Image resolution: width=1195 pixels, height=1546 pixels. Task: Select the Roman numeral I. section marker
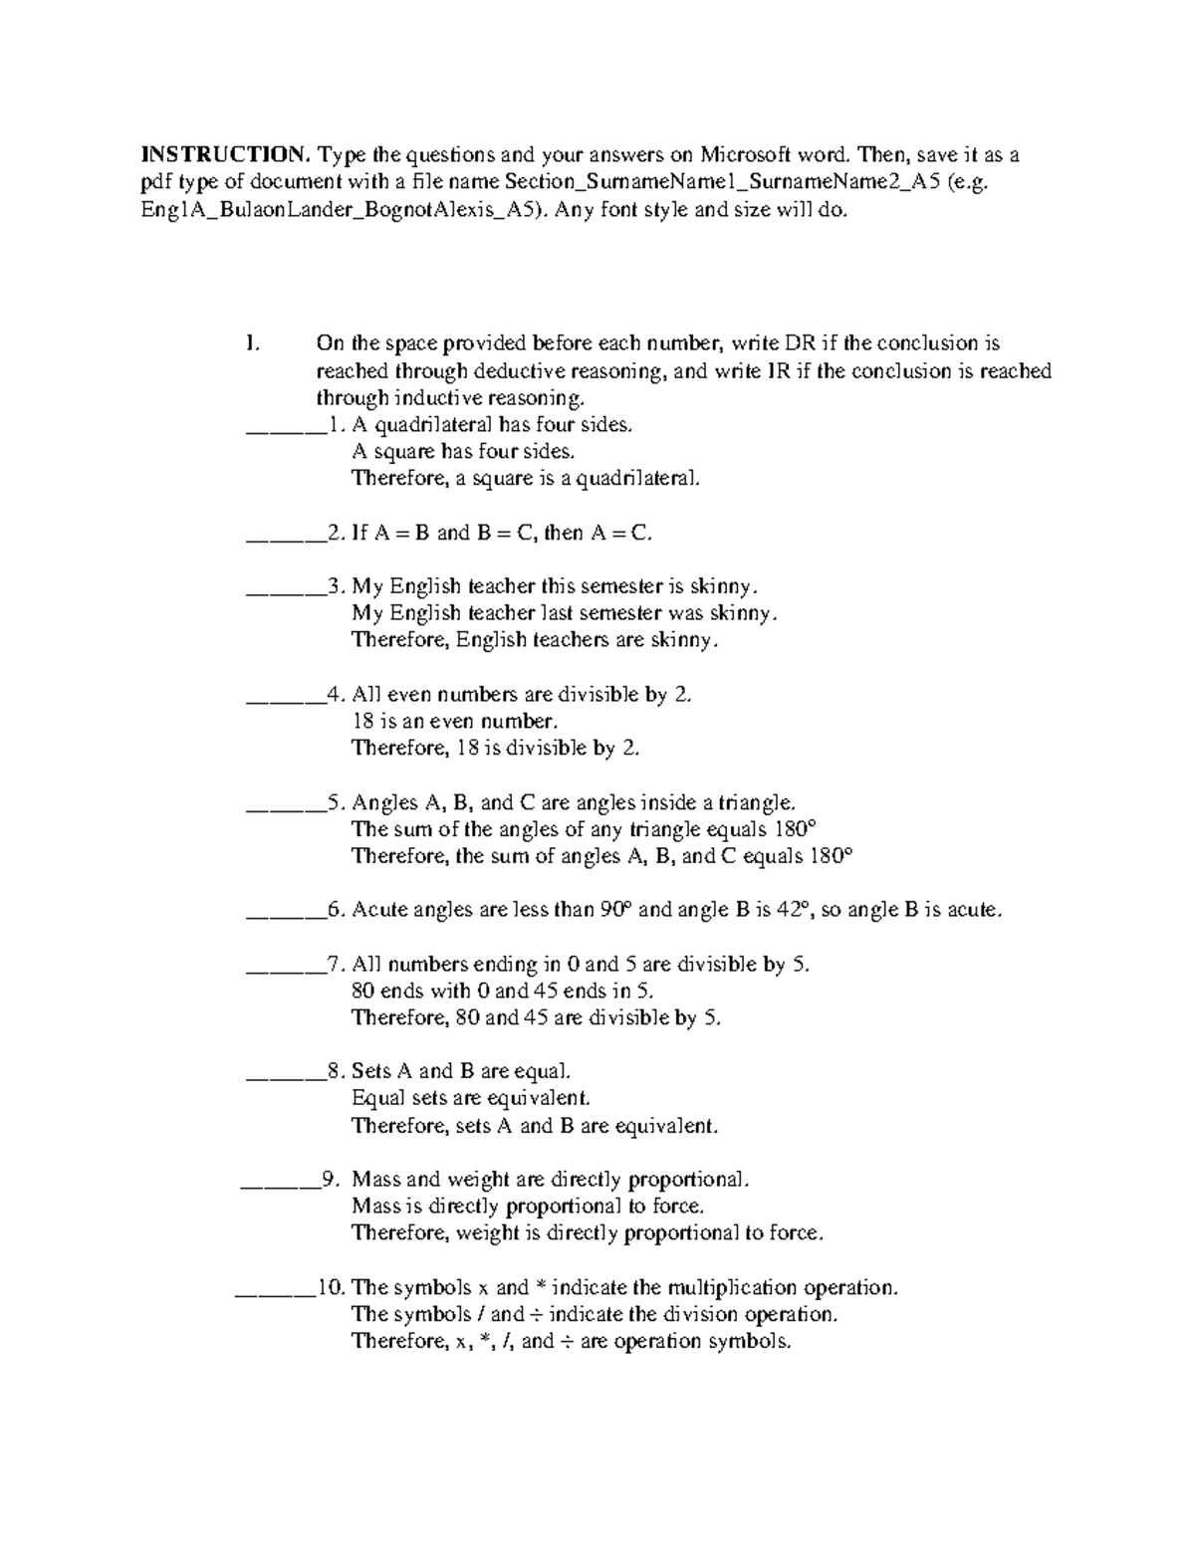coord(252,343)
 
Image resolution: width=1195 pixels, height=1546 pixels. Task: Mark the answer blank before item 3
coord(285,588)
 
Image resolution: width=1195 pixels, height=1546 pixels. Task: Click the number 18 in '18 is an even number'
coord(362,721)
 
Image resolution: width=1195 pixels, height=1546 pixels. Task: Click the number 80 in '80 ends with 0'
coord(363,991)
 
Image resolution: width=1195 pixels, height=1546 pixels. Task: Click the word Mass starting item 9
coord(375,1180)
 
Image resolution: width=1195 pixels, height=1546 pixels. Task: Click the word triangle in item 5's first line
coord(757,802)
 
